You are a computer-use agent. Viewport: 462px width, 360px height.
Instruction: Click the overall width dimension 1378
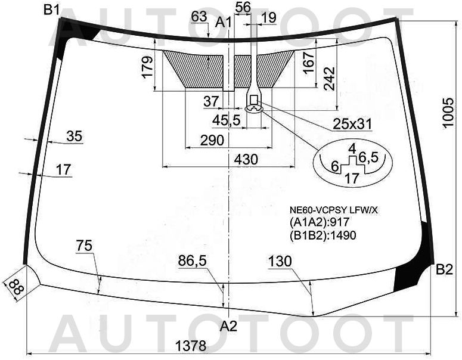(x=191, y=346)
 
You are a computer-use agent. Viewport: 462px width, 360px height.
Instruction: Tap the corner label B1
(x=52, y=10)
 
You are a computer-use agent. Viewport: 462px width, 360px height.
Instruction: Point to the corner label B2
(x=444, y=269)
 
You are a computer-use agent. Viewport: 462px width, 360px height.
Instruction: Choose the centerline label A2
(x=229, y=326)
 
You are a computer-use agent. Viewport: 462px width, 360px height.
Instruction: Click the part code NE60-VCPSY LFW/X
(x=334, y=210)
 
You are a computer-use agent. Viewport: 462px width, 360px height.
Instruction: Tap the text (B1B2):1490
(x=323, y=235)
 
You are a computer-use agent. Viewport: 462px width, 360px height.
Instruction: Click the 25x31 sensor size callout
(x=352, y=125)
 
